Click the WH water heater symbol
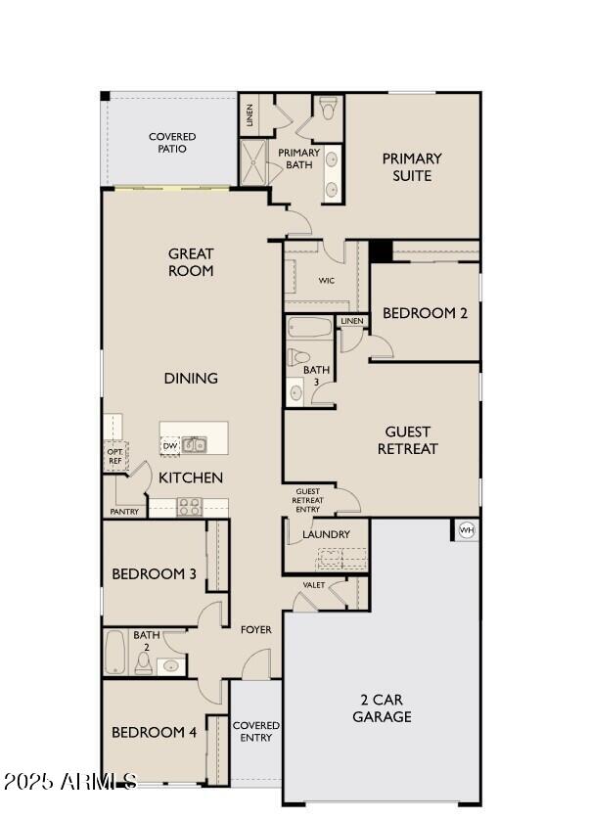point(466,529)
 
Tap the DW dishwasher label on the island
point(169,445)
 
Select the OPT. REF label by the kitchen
point(114,455)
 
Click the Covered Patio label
point(172,143)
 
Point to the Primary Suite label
point(412,166)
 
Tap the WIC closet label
point(327,281)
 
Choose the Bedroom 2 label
point(425,313)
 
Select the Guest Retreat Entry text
point(307,499)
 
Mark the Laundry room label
point(326,534)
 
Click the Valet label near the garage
point(314,585)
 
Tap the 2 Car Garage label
point(382,708)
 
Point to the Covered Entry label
point(256,731)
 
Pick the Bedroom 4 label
point(154,732)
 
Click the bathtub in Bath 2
point(114,653)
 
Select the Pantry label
point(124,512)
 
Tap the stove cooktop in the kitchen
point(189,506)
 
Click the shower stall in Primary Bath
point(253,162)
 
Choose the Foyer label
point(256,630)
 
